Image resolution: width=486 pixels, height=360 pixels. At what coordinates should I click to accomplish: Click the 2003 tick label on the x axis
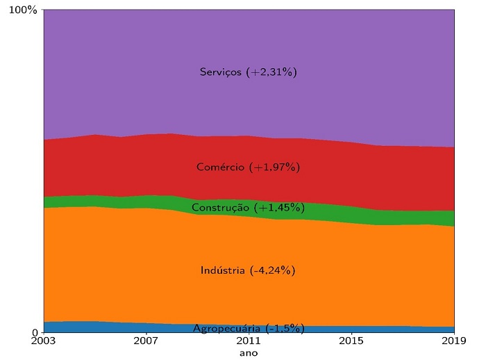click(x=43, y=341)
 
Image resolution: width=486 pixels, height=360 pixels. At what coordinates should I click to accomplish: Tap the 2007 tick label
click(x=146, y=341)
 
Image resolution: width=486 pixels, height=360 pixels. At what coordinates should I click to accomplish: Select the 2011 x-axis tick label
click(x=249, y=341)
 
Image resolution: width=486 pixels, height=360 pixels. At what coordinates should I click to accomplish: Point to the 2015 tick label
click(x=351, y=341)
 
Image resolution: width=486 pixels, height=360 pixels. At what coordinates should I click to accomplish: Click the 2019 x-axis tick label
click(x=454, y=341)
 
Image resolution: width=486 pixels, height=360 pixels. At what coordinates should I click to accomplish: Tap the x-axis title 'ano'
click(x=249, y=353)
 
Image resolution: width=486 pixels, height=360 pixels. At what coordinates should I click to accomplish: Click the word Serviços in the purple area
click(x=221, y=72)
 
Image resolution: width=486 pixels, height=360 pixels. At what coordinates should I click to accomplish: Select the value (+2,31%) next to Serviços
click(x=272, y=72)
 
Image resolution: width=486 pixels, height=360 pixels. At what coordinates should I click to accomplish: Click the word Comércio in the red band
click(x=220, y=167)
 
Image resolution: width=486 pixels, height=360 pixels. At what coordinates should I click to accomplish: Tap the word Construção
click(x=220, y=207)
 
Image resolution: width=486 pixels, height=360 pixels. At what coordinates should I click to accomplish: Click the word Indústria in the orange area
click(x=222, y=270)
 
